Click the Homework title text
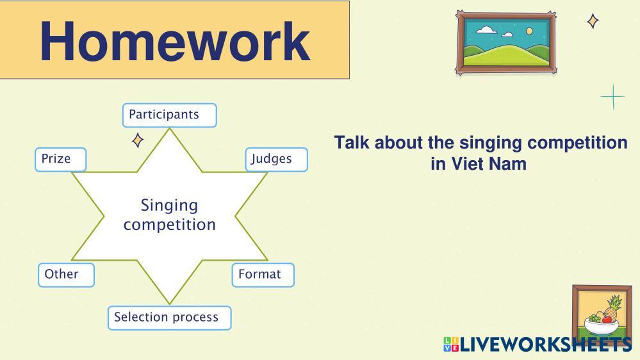coord(175,41)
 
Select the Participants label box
coord(169,115)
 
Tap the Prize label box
coord(60,159)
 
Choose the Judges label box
coord(276,159)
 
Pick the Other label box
coord(66,274)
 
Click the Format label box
coord(263,274)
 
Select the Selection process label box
coord(169,317)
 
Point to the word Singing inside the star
coord(169,205)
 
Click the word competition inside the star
coord(169,225)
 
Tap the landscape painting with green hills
coord(505,42)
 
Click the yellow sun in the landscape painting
coord(529,31)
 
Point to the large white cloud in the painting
coord(486,29)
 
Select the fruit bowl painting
coord(602,314)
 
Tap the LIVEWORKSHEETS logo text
coord(545,345)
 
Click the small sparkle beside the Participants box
coord(137,140)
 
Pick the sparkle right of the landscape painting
coord(593,21)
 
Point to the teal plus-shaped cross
coord(613,97)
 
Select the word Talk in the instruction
coord(352,142)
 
